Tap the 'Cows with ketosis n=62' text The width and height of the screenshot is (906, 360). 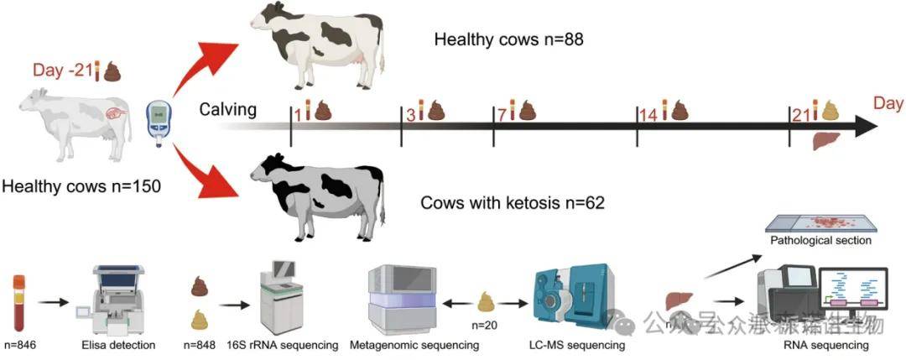pyautogui.click(x=513, y=203)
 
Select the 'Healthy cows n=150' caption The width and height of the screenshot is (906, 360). pyautogui.click(x=81, y=185)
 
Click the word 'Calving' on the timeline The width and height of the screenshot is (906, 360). pyautogui.click(x=227, y=110)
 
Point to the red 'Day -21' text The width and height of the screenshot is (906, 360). pyautogui.click(x=62, y=70)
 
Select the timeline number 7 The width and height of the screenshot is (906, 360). pyautogui.click(x=502, y=114)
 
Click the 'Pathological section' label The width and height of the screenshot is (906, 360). pyautogui.click(x=820, y=241)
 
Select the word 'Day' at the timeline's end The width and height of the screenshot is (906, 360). pyautogui.click(x=888, y=103)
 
